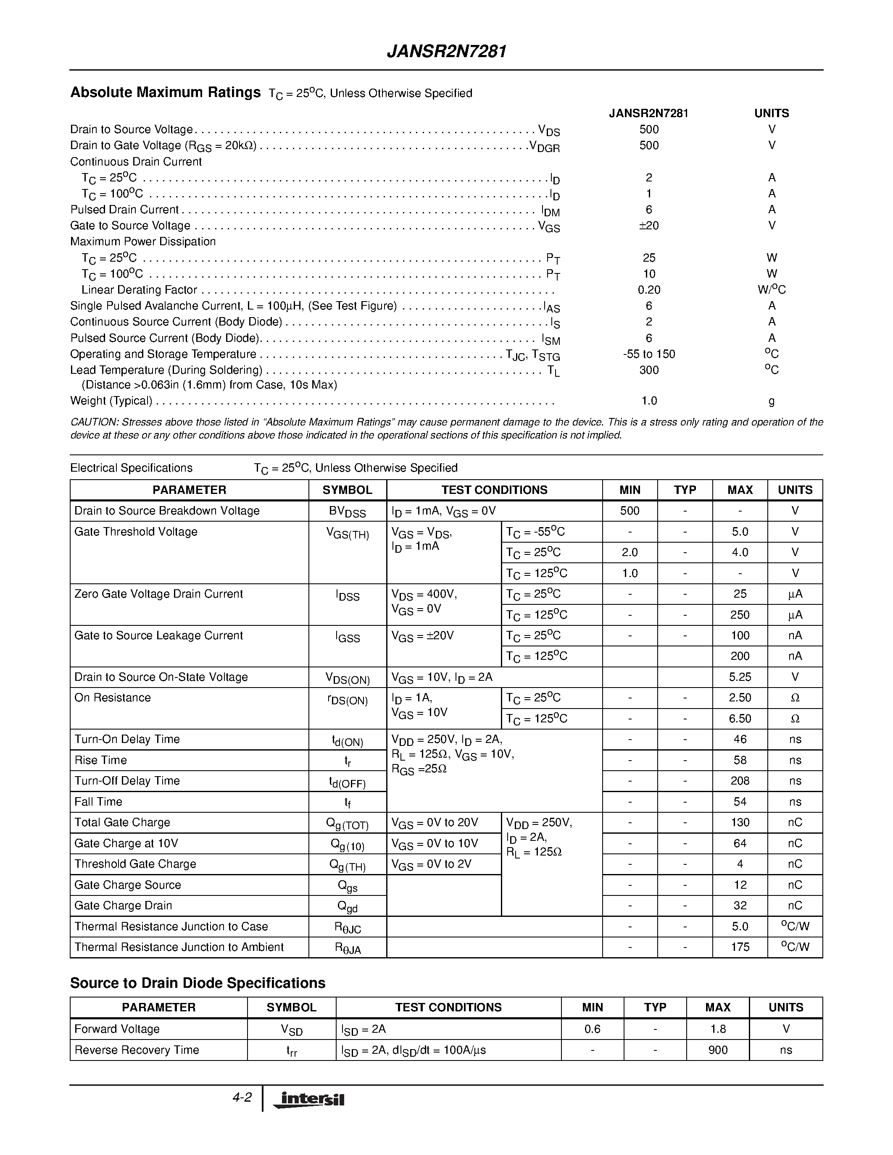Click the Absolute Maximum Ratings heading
click(x=165, y=92)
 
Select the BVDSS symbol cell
click(x=347, y=512)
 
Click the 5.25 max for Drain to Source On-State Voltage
click(x=740, y=677)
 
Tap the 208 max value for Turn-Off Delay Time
click(x=740, y=781)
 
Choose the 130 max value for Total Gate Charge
click(x=740, y=822)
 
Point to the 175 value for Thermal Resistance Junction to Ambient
click(x=740, y=947)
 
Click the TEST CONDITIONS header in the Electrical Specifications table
click(x=494, y=490)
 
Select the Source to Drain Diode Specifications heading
click(x=198, y=983)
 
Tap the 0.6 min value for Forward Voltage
click(x=592, y=1029)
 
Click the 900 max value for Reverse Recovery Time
click(x=717, y=1050)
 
